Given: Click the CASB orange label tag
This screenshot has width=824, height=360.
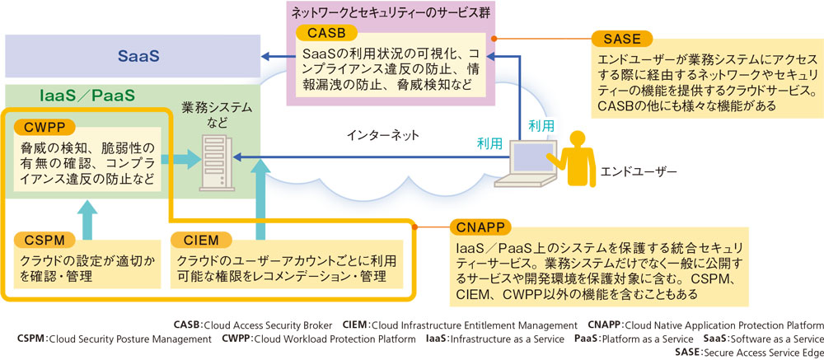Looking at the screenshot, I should (326, 33).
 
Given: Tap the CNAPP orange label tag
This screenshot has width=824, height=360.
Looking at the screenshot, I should (481, 227).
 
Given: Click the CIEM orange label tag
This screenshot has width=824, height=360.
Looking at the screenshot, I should (200, 240).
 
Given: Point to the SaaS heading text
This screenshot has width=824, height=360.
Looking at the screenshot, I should (138, 58).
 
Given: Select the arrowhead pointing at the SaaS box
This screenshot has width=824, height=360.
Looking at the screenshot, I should (266, 57).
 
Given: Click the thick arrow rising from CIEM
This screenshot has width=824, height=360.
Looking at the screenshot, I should (262, 198).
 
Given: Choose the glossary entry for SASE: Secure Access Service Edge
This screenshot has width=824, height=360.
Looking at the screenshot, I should (748, 352).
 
